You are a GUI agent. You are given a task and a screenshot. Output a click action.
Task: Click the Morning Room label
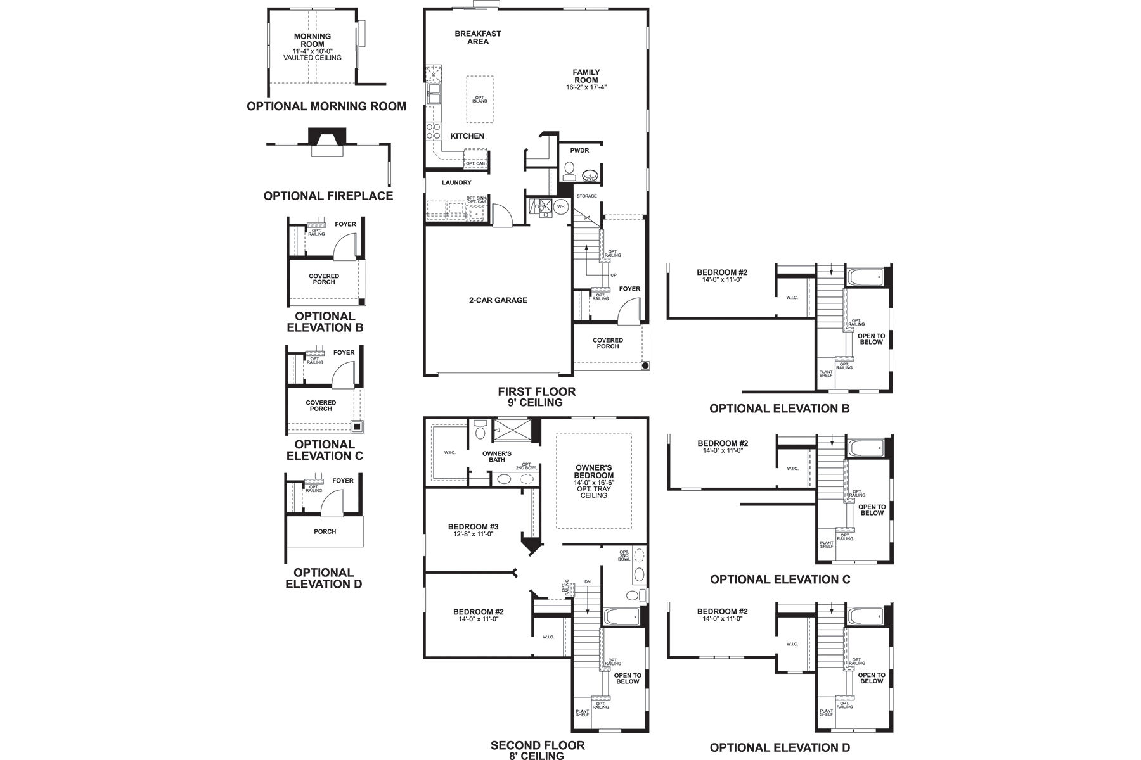pyautogui.click(x=313, y=40)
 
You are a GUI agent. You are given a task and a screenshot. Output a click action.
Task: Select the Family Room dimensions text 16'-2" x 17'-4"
pyautogui.click(x=586, y=87)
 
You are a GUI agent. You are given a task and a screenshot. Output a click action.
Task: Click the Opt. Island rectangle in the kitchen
pyautogui.click(x=480, y=99)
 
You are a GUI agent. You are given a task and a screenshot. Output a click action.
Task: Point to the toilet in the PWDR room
pyautogui.click(x=569, y=169)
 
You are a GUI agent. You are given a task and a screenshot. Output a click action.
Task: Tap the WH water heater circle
pyautogui.click(x=560, y=206)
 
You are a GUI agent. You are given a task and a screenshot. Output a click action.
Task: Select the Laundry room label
pyautogui.click(x=456, y=182)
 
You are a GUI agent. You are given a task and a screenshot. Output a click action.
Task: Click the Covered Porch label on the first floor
pyautogui.click(x=607, y=343)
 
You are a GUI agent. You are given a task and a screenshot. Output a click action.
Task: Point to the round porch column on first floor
pyautogui.click(x=645, y=365)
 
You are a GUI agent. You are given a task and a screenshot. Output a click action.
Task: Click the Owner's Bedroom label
pyautogui.click(x=593, y=471)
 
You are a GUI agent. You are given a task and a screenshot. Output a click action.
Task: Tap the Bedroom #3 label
pyautogui.click(x=473, y=527)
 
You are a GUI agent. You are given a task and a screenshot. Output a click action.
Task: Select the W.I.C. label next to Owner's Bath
pyautogui.click(x=449, y=452)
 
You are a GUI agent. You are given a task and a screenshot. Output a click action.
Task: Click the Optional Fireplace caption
pyautogui.click(x=328, y=196)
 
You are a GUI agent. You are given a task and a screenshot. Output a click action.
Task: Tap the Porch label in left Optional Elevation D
pyautogui.click(x=325, y=531)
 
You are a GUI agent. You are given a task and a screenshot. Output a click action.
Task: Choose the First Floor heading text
pyautogui.click(x=536, y=392)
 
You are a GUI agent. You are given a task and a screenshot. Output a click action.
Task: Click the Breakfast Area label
pyautogui.click(x=477, y=37)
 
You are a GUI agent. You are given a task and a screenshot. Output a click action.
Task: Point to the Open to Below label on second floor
pyautogui.click(x=627, y=678)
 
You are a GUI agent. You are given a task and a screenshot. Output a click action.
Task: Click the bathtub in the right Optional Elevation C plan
pyautogui.click(x=867, y=448)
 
